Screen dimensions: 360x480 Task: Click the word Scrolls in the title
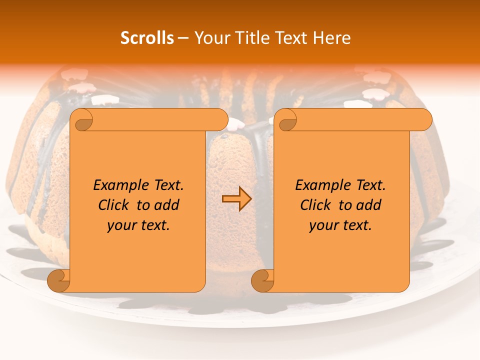coord(147,38)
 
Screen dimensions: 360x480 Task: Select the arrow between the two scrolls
coord(236,198)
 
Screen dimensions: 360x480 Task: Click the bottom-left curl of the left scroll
coord(58,280)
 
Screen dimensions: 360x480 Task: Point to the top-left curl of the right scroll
coord(287,120)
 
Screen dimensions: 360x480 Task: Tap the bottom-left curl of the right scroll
coord(262,280)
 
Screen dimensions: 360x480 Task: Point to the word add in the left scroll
coord(167,205)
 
